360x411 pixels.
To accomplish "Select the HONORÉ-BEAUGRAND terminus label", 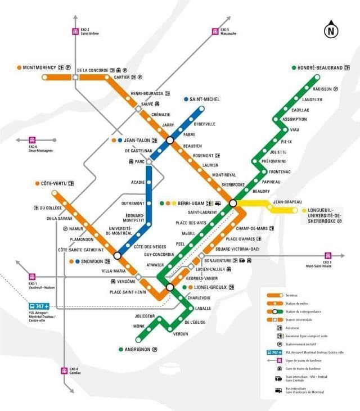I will click(x=319, y=68).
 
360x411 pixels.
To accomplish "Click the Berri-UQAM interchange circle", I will click(x=233, y=203).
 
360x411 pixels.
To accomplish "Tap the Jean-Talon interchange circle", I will click(x=169, y=140).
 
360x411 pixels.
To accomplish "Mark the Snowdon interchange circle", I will click(x=118, y=256).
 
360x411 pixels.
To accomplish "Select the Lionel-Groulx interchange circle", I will click(x=170, y=288).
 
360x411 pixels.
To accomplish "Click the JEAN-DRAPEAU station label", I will click(x=287, y=202).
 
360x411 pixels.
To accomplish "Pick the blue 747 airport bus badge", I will click(x=39, y=306).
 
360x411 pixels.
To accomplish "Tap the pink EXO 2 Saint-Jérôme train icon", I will click(x=75, y=31).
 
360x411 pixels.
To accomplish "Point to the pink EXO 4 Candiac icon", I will click(x=64, y=371).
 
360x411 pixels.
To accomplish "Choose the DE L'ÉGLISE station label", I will click(x=195, y=322).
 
